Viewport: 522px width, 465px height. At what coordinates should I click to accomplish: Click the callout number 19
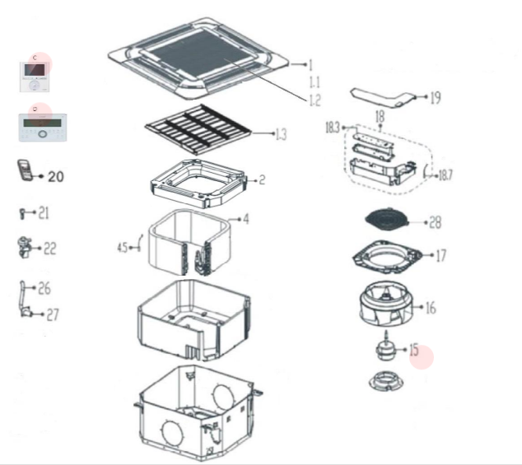tap(435, 99)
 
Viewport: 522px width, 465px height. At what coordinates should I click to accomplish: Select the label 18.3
tap(333, 128)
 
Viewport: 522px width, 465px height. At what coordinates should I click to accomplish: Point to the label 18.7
tap(445, 175)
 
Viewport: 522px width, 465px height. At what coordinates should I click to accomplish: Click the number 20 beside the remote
tap(55, 176)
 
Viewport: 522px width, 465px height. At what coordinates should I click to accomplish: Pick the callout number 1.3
tap(281, 134)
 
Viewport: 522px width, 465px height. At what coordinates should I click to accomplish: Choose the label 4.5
tap(122, 246)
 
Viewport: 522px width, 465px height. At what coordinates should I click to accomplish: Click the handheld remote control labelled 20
tap(25, 171)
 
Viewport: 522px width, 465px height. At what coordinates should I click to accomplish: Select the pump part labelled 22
tap(24, 246)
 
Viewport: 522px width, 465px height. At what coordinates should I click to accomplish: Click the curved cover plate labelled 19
tap(384, 97)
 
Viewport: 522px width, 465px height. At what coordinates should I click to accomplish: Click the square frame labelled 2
tap(197, 184)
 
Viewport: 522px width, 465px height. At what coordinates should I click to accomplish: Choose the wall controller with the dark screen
tap(35, 75)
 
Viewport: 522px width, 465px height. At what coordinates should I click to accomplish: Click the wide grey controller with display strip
tap(41, 128)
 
